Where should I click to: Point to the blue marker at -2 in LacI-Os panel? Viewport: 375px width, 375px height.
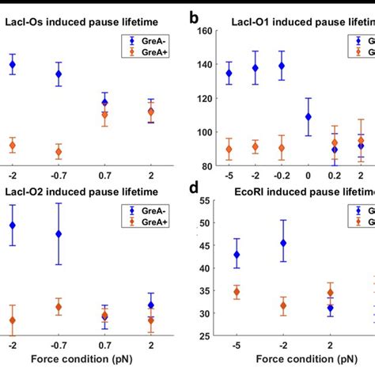[x=12, y=65]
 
